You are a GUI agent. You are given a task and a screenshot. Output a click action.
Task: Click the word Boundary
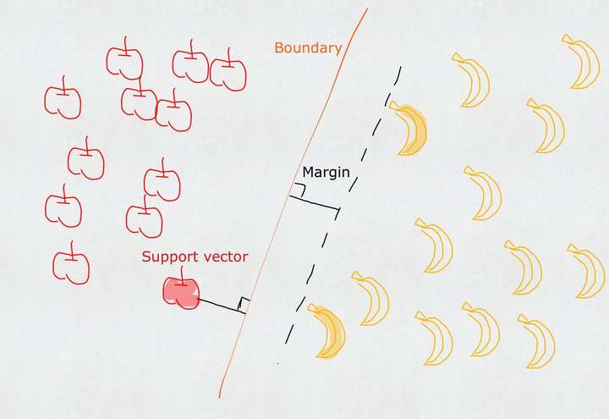click(x=308, y=48)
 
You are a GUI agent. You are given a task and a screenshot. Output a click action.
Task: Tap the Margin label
click(x=326, y=173)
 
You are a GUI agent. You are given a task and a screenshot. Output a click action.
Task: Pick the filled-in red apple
click(x=180, y=292)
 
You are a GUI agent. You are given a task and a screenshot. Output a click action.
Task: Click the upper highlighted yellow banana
click(x=411, y=129)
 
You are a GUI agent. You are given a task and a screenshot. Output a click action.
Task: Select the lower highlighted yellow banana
click(x=328, y=332)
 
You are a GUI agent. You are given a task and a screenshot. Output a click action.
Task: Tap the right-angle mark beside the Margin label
click(x=299, y=190)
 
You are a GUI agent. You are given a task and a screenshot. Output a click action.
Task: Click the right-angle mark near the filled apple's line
click(x=244, y=304)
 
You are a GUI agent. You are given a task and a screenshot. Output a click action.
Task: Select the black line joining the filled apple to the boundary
click(x=220, y=306)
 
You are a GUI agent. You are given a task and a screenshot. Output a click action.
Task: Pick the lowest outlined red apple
click(x=71, y=266)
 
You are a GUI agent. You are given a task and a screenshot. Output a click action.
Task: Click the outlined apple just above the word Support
click(x=145, y=219)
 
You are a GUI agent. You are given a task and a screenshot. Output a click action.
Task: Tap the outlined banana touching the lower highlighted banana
click(x=370, y=299)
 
